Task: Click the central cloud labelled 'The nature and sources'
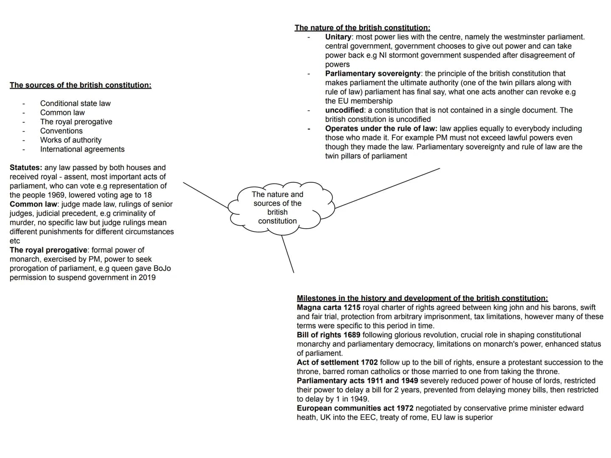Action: pyautogui.click(x=277, y=207)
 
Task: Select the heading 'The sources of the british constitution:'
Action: pyautogui.click(x=80, y=85)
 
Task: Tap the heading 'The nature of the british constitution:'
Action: pyautogui.click(x=362, y=28)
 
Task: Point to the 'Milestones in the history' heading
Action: pyautogui.click(x=422, y=298)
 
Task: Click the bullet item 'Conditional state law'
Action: pyautogui.click(x=75, y=103)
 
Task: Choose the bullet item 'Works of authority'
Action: pyautogui.click(x=71, y=140)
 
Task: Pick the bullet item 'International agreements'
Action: pyautogui.click(x=82, y=149)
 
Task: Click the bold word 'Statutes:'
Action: pyautogui.click(x=26, y=168)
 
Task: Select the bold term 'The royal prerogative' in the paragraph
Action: pyautogui.click(x=48, y=250)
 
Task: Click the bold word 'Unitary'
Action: pyautogui.click(x=338, y=37)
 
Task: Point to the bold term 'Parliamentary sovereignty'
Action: pyautogui.click(x=373, y=73)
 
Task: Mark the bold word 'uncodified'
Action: pyautogui.click(x=345, y=110)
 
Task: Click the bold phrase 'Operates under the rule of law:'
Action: pyautogui.click(x=381, y=128)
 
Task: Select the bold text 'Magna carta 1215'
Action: pyautogui.click(x=328, y=307)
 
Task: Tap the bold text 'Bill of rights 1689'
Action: pyautogui.click(x=328, y=335)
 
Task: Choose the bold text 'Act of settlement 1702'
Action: pyautogui.click(x=337, y=362)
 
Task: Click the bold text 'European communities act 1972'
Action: pyautogui.click(x=355, y=408)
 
